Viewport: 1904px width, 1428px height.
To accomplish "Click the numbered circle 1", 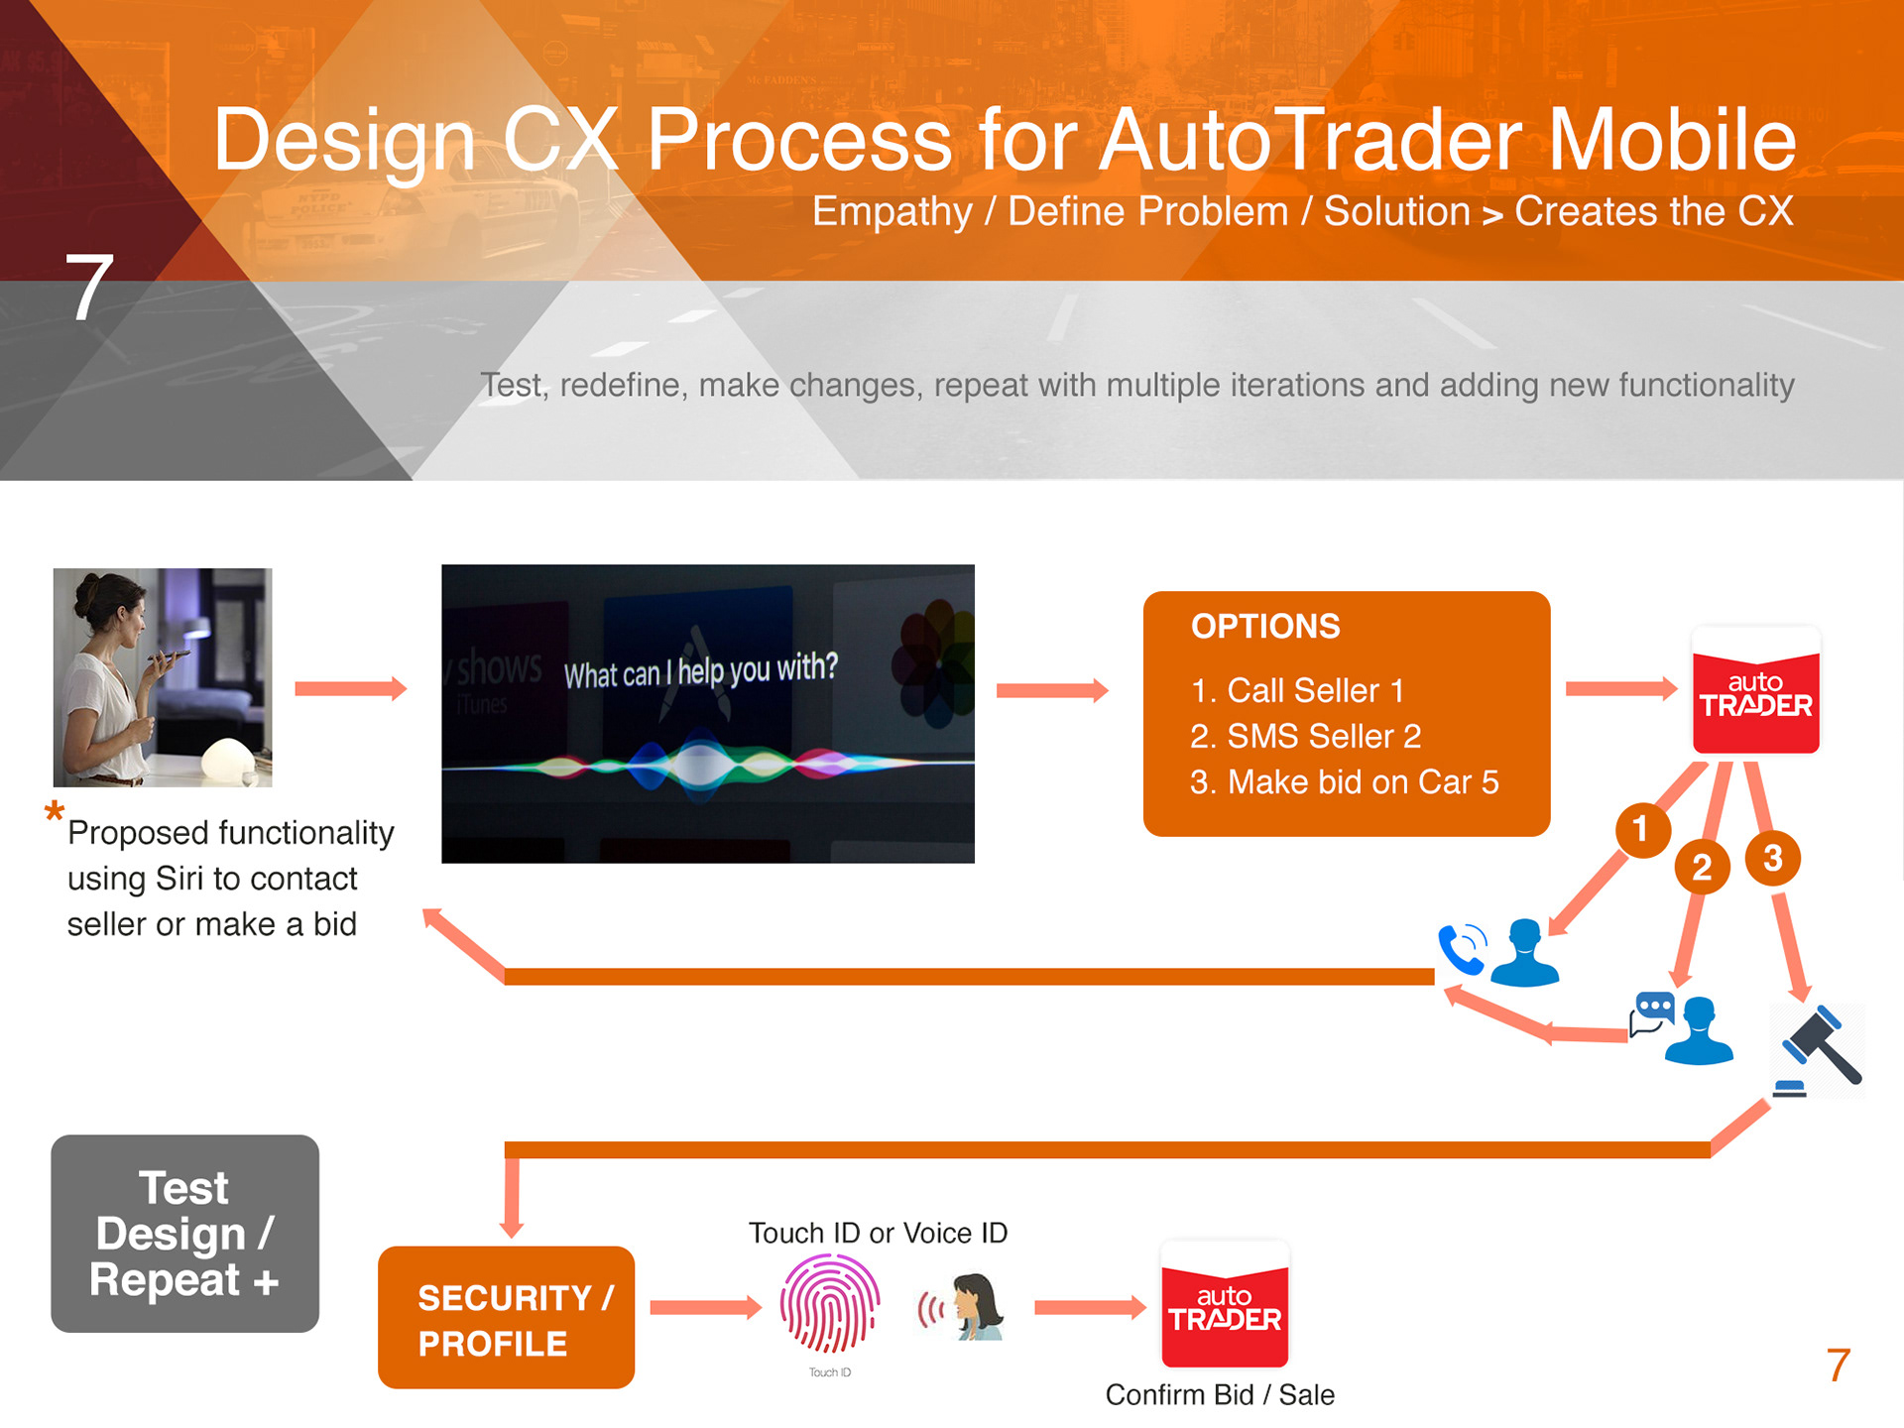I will click(1642, 829).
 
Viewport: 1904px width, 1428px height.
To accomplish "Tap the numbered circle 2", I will click(1702, 867).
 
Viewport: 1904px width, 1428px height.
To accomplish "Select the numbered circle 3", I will click(1773, 858).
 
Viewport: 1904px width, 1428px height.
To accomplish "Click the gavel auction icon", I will click(1819, 1049).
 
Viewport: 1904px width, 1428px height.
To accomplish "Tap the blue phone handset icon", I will click(1462, 949).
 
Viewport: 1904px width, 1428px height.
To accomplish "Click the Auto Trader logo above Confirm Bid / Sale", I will click(1225, 1306).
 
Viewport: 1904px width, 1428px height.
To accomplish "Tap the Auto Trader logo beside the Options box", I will click(1755, 691).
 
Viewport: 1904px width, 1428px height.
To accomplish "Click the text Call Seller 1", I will click(1297, 690).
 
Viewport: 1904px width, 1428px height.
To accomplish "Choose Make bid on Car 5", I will click(1344, 782).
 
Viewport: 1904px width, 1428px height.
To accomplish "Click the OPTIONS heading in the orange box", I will click(1265, 627).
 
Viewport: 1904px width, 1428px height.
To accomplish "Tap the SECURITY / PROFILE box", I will click(506, 1318).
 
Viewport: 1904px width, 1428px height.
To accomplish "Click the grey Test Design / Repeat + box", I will click(185, 1234).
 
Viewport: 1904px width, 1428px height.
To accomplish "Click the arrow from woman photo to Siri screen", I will click(351, 689).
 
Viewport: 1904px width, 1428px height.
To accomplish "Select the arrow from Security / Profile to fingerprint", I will click(705, 1308).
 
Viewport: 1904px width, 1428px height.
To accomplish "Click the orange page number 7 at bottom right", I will click(1838, 1366).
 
